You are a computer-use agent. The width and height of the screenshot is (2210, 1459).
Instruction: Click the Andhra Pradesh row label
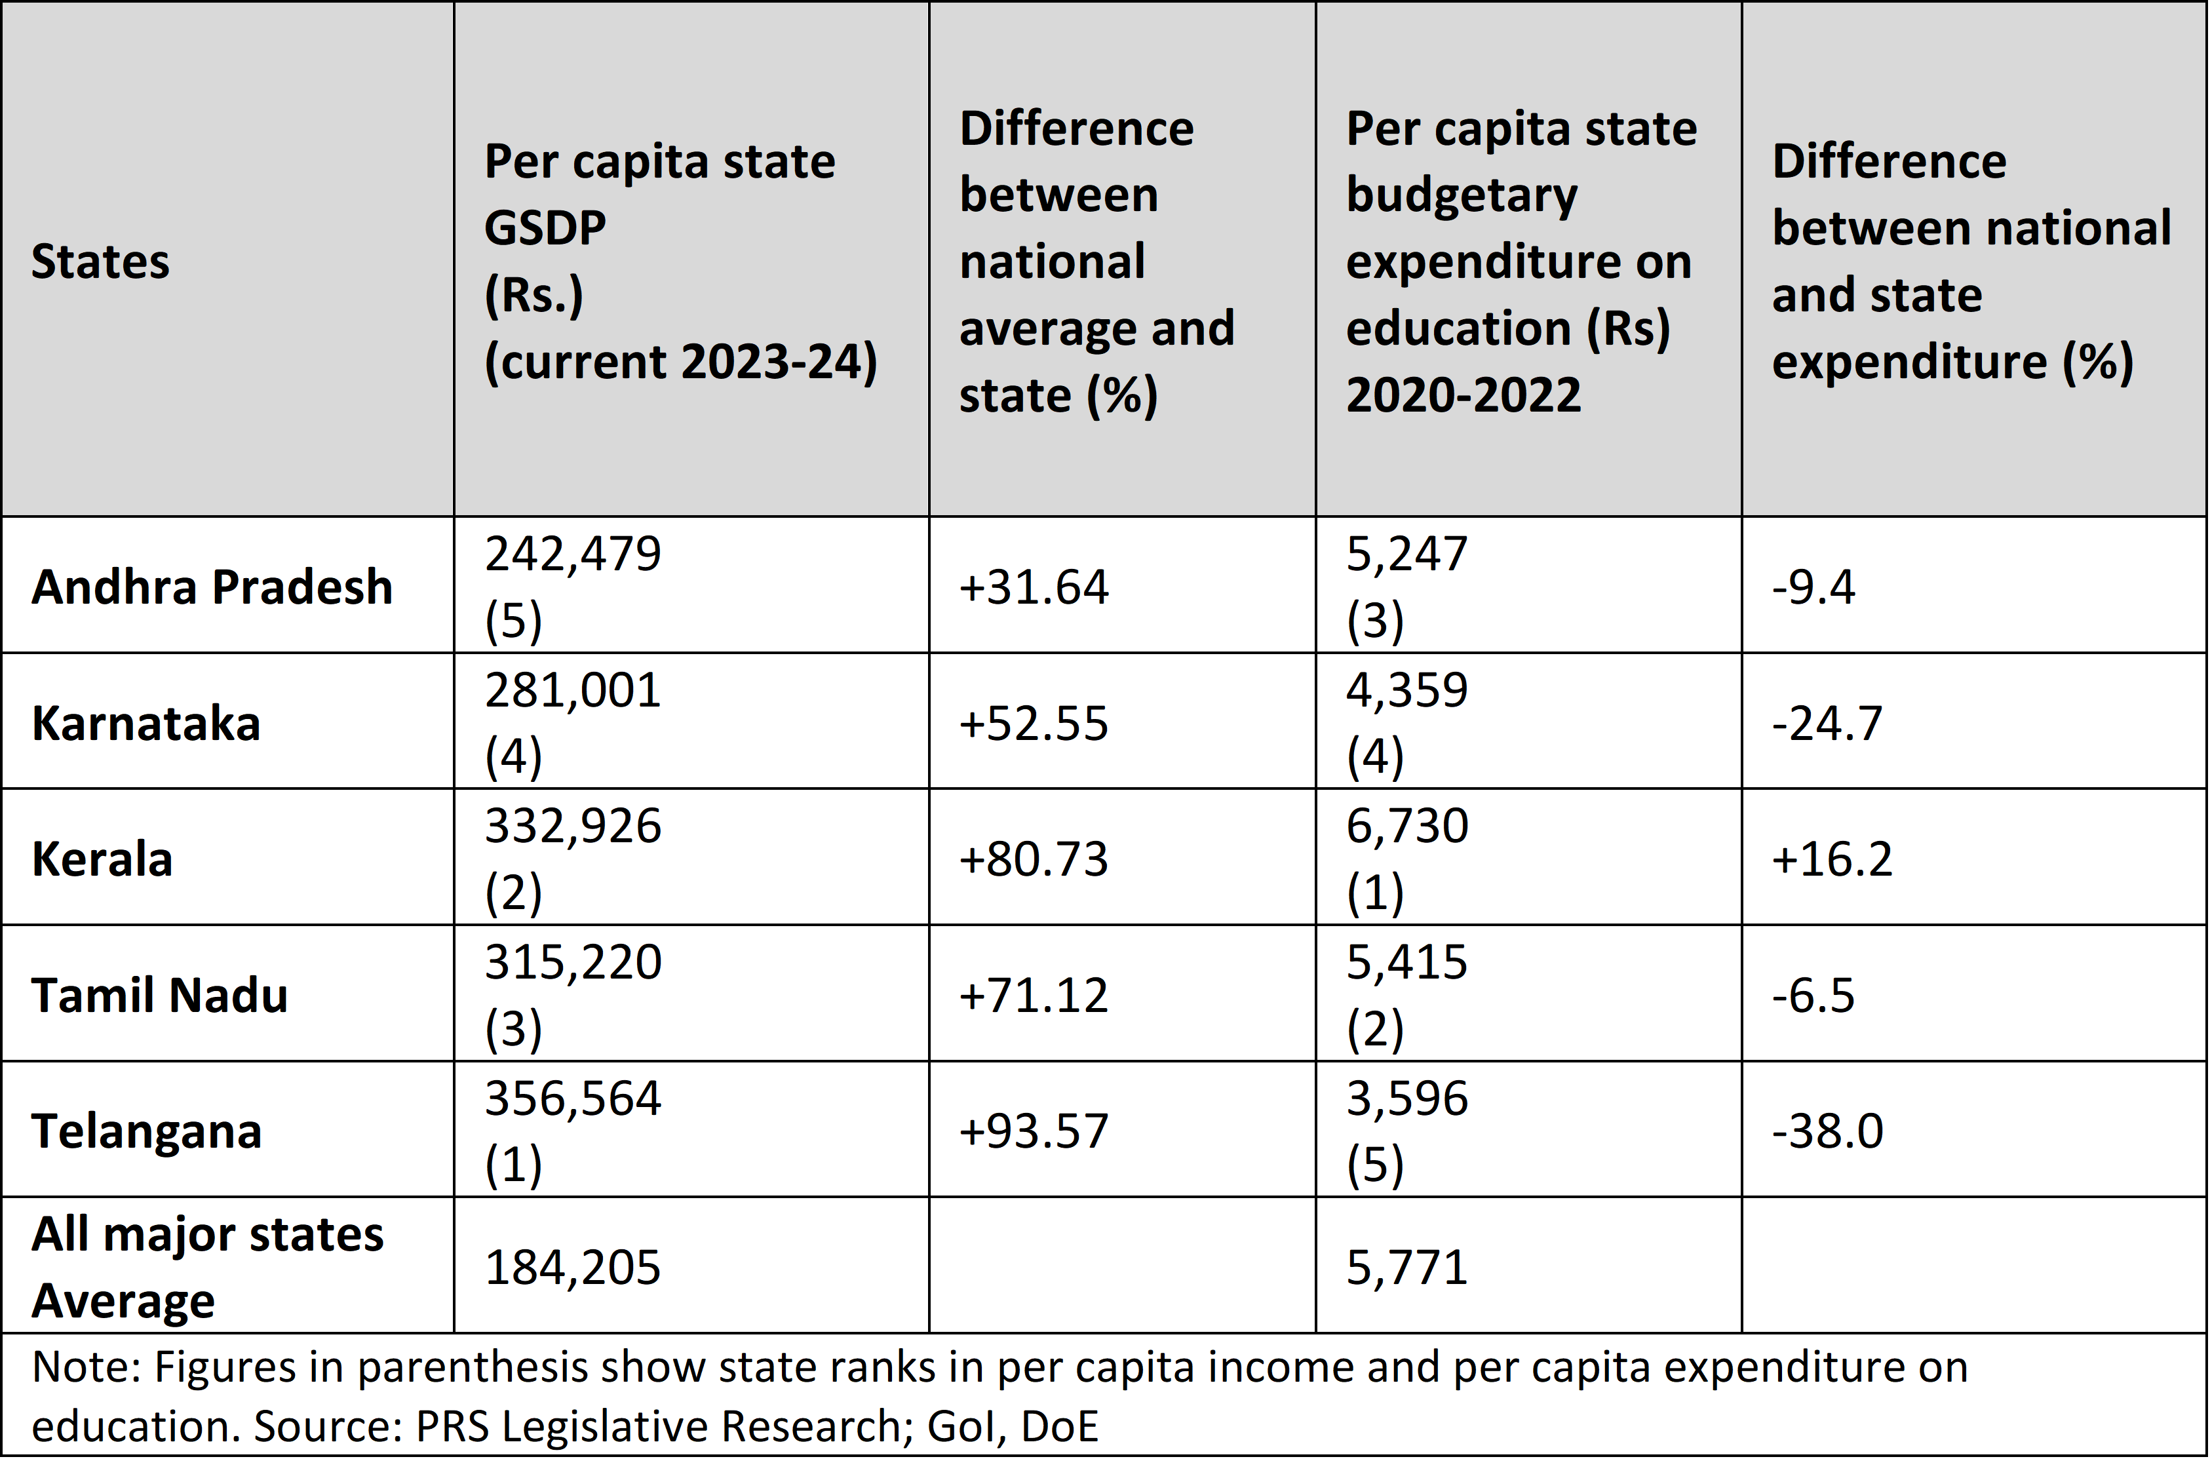click(212, 587)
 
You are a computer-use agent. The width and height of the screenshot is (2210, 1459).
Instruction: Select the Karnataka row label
click(146, 723)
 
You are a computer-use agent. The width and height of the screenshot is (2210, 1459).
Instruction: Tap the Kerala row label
click(102, 858)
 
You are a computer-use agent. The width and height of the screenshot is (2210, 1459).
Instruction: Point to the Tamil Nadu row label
click(160, 995)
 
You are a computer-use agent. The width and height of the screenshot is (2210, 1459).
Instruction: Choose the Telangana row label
click(147, 1131)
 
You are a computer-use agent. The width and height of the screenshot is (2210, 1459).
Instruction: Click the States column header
click(100, 262)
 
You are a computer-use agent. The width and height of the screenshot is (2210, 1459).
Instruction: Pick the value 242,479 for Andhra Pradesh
click(573, 554)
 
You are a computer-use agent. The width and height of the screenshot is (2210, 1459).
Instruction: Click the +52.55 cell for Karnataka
click(1034, 723)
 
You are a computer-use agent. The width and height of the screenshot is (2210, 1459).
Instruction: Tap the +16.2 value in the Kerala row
click(1831, 858)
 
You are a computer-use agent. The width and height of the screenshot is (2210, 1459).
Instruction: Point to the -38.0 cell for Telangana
click(1827, 1131)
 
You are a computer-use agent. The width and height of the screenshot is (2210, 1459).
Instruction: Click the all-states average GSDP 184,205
click(573, 1268)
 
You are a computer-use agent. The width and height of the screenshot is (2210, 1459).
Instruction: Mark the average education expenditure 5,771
click(1406, 1268)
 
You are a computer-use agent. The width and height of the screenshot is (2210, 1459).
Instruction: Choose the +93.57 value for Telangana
click(1034, 1131)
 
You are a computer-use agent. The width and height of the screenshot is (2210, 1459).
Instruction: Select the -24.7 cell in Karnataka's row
click(1827, 723)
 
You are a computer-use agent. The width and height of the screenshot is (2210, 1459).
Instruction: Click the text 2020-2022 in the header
click(1463, 395)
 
